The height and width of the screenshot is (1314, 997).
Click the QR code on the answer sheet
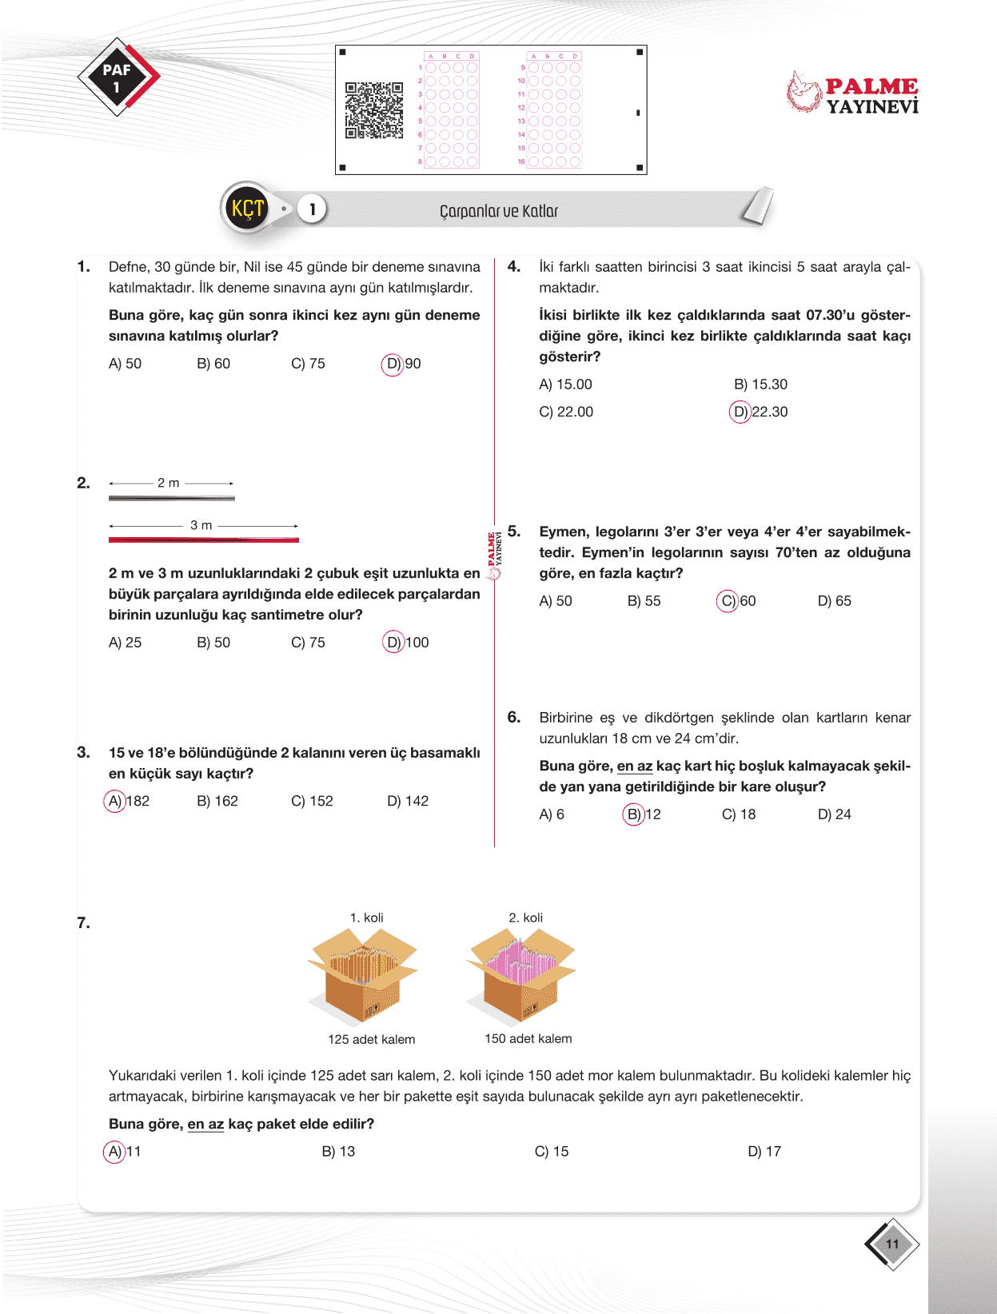pyautogui.click(x=373, y=110)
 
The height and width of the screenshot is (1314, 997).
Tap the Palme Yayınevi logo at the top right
pyautogui.click(x=852, y=94)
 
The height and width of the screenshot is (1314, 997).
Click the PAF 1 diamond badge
pyautogui.click(x=118, y=78)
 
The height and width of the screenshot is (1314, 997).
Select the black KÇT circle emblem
pyautogui.click(x=247, y=209)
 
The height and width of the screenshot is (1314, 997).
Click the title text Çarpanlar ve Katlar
pyautogui.click(x=498, y=211)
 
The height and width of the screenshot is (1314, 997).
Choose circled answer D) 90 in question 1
pyautogui.click(x=402, y=364)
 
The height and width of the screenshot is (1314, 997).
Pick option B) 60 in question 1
pyautogui.click(x=213, y=364)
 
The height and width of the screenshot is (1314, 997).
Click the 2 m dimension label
pyautogui.click(x=168, y=483)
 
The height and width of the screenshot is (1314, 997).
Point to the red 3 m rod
pyautogui.click(x=203, y=540)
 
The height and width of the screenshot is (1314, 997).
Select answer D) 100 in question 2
pyautogui.click(x=406, y=643)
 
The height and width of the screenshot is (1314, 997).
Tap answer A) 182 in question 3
pyautogui.click(x=127, y=801)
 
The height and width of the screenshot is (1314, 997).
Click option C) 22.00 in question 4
pyautogui.click(x=566, y=412)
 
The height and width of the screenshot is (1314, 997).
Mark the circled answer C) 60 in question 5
pyautogui.click(x=736, y=601)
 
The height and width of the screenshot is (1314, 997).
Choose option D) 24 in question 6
pyautogui.click(x=834, y=814)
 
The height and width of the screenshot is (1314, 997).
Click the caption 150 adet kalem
pyautogui.click(x=528, y=1039)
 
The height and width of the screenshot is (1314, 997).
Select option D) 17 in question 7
pyautogui.click(x=764, y=1152)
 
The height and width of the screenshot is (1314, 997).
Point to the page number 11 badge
pyautogui.click(x=892, y=1244)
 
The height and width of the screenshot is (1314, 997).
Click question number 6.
pyautogui.click(x=514, y=717)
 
